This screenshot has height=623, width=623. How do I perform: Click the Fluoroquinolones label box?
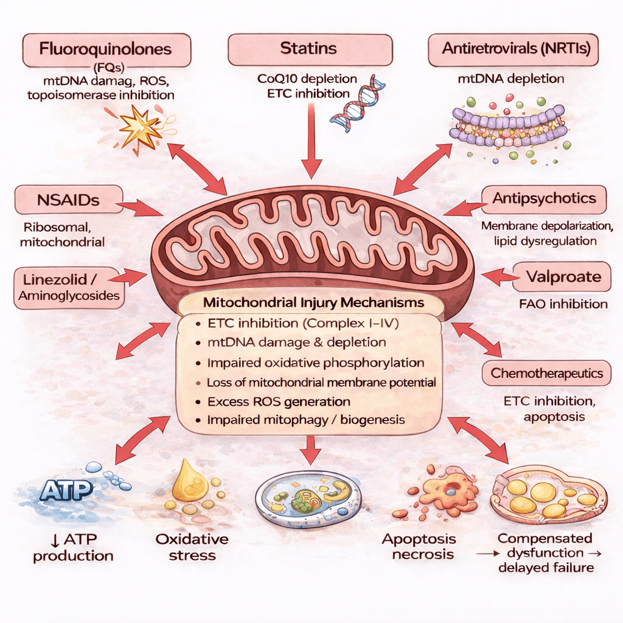point(106,49)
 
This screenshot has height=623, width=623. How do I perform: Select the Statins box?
point(310,49)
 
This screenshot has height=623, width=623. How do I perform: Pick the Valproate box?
point(563,277)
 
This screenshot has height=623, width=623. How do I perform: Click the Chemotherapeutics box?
point(546,373)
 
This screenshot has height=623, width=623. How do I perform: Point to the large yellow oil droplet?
point(186,481)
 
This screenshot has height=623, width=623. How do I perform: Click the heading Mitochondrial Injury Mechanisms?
point(313,302)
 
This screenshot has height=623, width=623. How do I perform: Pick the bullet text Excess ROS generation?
point(278,402)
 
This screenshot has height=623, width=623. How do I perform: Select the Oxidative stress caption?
point(192,546)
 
